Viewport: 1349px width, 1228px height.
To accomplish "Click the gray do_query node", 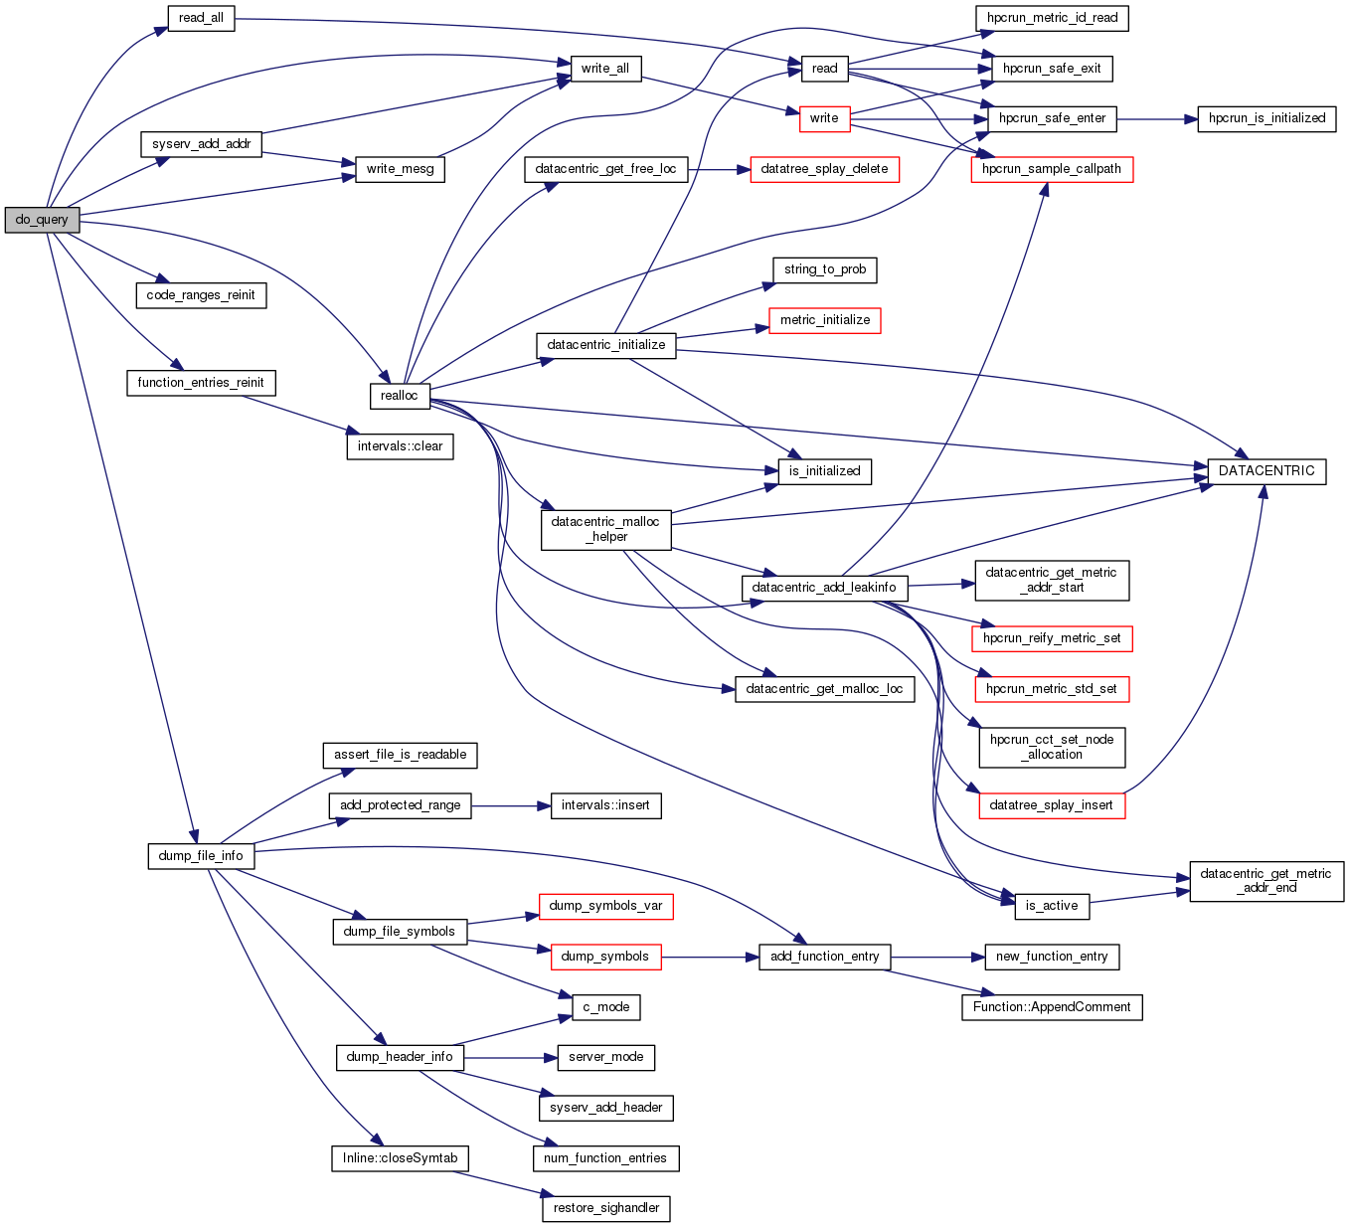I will [42, 220].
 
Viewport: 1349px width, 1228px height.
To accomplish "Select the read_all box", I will [201, 18].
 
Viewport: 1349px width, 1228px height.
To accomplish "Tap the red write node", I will [824, 118].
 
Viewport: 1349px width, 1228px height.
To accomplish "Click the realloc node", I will [400, 396].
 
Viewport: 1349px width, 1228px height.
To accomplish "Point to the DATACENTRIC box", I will [1266, 471].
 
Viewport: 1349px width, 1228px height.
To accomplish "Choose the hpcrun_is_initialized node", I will [1266, 118].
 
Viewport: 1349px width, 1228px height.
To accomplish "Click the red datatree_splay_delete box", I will [824, 169].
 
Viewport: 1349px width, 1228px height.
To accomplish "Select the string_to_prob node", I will [825, 269].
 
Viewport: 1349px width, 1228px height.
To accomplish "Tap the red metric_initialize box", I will [825, 320].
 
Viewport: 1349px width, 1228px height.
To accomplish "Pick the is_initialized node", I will [824, 471].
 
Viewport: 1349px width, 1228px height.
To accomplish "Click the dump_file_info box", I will [201, 856].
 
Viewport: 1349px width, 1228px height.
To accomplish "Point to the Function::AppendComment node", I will [1052, 1007].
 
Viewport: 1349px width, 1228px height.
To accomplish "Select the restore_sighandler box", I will [606, 1208].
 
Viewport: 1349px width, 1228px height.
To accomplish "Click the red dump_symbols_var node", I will [605, 906].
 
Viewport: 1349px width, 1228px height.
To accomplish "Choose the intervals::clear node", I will [400, 446].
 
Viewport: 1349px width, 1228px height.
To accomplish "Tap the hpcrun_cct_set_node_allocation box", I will [1052, 747].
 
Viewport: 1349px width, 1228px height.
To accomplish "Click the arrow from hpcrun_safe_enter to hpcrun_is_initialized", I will [1157, 118].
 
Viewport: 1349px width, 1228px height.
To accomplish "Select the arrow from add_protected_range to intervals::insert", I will [511, 805].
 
